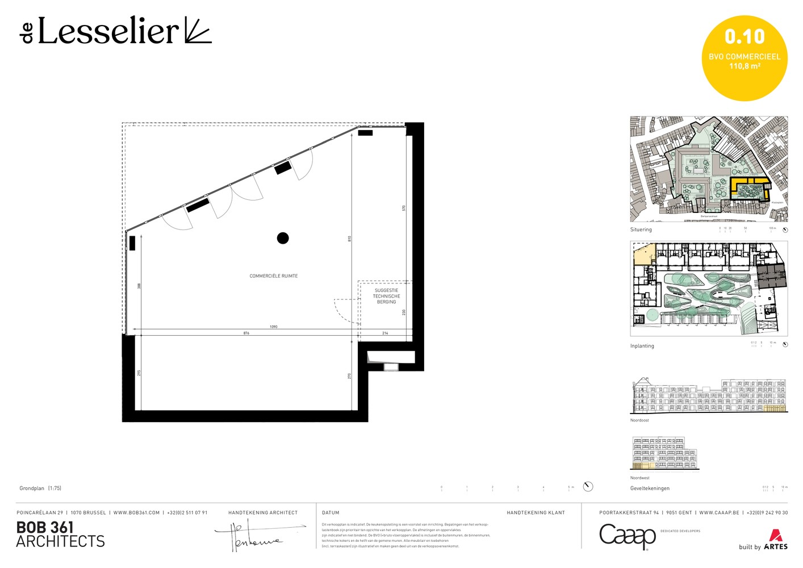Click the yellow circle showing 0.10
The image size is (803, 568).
pos(745,58)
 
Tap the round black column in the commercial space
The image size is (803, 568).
pos(283,238)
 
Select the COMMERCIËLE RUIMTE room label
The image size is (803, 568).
pos(274,276)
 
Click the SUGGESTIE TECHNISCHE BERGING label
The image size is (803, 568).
pos(386,296)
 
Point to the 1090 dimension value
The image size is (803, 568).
pos(274,327)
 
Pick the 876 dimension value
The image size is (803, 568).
pos(246,333)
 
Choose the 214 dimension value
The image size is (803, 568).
pos(385,333)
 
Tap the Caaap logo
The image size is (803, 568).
pos(628,536)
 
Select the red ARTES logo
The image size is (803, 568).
pos(775,540)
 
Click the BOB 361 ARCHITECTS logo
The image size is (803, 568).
pos(60,534)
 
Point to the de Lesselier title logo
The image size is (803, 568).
pos(116,31)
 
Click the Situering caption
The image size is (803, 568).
pos(641,229)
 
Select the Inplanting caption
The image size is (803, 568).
pos(642,346)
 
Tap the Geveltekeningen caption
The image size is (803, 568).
pos(650,488)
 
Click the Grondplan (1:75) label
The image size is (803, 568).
pos(40,488)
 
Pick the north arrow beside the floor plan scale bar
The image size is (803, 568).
pos(588,486)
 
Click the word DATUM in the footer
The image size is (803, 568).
pos(331,513)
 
